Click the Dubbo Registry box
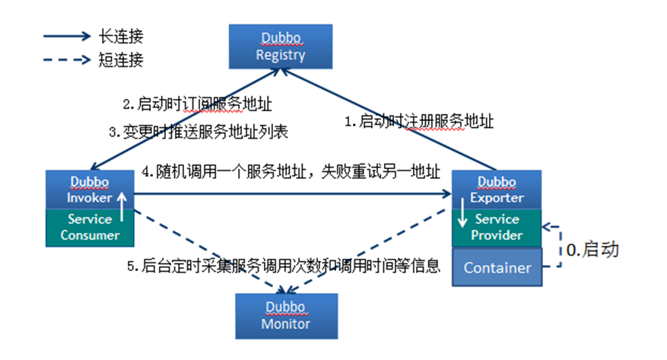click(281, 46)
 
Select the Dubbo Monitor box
click(287, 316)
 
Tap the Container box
click(497, 267)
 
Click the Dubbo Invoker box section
click(90, 190)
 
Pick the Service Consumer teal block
click(90, 228)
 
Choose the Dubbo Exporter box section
click(497, 190)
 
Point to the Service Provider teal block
click(497, 228)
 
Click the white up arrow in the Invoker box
click(122, 207)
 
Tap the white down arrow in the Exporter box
click(462, 212)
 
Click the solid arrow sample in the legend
click(67, 37)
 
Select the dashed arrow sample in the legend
click(67, 59)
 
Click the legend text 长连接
click(121, 37)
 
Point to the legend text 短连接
click(121, 60)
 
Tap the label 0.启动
click(592, 250)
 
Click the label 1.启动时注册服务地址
click(419, 121)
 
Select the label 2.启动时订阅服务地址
click(198, 104)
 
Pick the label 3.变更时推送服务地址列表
click(199, 132)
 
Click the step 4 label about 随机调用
click(291, 172)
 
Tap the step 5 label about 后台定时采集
click(284, 266)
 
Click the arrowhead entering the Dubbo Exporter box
click(447, 194)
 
